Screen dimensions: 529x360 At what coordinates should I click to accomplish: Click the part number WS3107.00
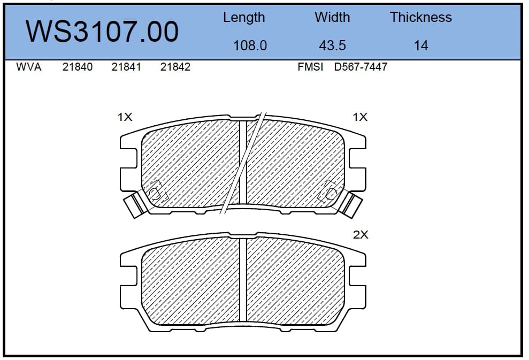pyautogui.click(x=102, y=32)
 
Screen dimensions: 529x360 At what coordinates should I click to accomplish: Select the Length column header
pyautogui.click(x=244, y=18)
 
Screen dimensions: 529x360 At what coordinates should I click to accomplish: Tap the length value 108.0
pyautogui.click(x=250, y=45)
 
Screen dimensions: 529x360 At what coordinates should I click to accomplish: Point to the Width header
pyautogui.click(x=332, y=17)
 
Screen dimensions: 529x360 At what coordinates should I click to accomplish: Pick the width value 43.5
pyautogui.click(x=332, y=45)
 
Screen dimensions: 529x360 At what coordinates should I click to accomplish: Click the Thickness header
pyautogui.click(x=421, y=17)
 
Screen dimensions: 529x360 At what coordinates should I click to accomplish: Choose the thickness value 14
pyautogui.click(x=421, y=45)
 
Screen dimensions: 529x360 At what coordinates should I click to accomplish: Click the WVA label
pyautogui.click(x=29, y=67)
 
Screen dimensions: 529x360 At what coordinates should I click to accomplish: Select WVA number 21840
pyautogui.click(x=77, y=67)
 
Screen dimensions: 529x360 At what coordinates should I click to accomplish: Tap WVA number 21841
pyautogui.click(x=126, y=67)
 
